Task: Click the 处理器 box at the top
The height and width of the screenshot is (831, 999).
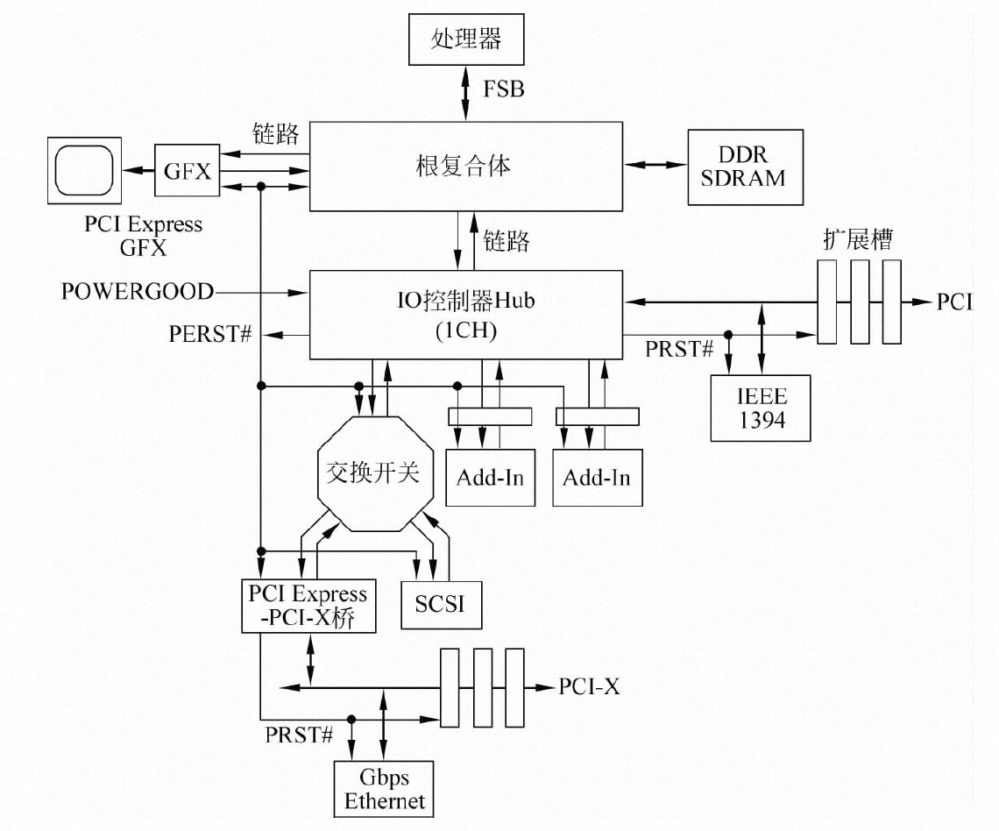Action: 465,40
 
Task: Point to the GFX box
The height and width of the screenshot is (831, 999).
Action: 188,171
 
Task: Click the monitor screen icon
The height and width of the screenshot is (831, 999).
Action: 83,169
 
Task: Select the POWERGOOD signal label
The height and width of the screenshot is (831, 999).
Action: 138,291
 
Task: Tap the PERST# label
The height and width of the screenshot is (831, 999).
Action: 212,335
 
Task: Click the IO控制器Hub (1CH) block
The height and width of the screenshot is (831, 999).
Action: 465,315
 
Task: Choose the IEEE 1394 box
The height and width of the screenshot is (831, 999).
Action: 761,408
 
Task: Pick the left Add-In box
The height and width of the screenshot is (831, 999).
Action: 490,478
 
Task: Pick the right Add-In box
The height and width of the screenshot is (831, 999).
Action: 597,479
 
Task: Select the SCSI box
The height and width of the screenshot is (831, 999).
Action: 442,604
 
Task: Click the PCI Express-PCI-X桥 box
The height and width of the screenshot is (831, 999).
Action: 308,606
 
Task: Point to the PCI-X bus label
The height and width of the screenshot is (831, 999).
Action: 589,686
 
